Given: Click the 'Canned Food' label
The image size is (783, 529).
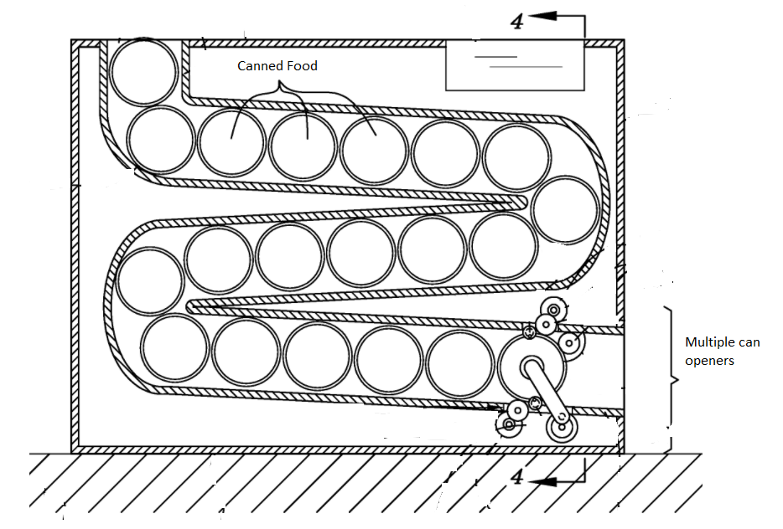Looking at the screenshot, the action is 277,66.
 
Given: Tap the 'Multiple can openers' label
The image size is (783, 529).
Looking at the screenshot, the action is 722,351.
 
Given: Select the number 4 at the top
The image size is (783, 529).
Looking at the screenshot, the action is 517,22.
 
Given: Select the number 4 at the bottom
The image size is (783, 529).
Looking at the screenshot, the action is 517,476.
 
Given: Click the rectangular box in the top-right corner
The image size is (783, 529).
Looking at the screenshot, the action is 515,66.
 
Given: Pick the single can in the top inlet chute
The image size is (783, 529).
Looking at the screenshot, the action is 144,71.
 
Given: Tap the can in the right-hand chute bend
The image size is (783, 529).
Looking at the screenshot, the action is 565,210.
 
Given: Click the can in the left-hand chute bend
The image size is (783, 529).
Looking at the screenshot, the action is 150,281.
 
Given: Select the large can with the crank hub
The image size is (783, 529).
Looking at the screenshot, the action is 532,367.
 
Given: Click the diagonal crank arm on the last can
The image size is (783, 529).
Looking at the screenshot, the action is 547,394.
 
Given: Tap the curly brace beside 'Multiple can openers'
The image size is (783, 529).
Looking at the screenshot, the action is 672,379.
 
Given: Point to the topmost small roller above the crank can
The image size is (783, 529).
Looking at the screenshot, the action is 553,311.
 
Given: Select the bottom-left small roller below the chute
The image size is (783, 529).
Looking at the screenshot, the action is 509,425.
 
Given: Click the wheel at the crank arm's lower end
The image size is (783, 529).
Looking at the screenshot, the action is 562,427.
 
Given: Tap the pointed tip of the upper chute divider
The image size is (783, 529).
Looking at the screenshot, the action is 523,202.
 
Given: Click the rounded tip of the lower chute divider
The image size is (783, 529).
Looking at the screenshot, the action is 190,306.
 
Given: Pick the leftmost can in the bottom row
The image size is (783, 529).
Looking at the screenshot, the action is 174,347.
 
